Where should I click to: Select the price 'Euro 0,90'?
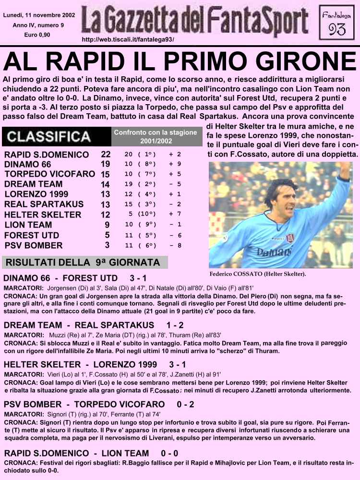(x=33, y=35)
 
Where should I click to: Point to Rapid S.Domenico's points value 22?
(x=106, y=155)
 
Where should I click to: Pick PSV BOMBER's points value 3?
(x=107, y=245)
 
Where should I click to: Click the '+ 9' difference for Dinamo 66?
(x=175, y=164)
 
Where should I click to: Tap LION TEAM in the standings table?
(x=28, y=225)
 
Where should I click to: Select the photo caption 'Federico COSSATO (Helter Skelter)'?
(x=258, y=274)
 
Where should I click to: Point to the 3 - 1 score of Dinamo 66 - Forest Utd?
(x=138, y=278)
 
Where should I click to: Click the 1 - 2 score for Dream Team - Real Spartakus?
(x=175, y=325)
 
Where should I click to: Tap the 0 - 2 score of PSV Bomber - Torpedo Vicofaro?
(x=185, y=405)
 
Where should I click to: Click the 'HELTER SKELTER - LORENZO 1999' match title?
(x=81, y=365)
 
